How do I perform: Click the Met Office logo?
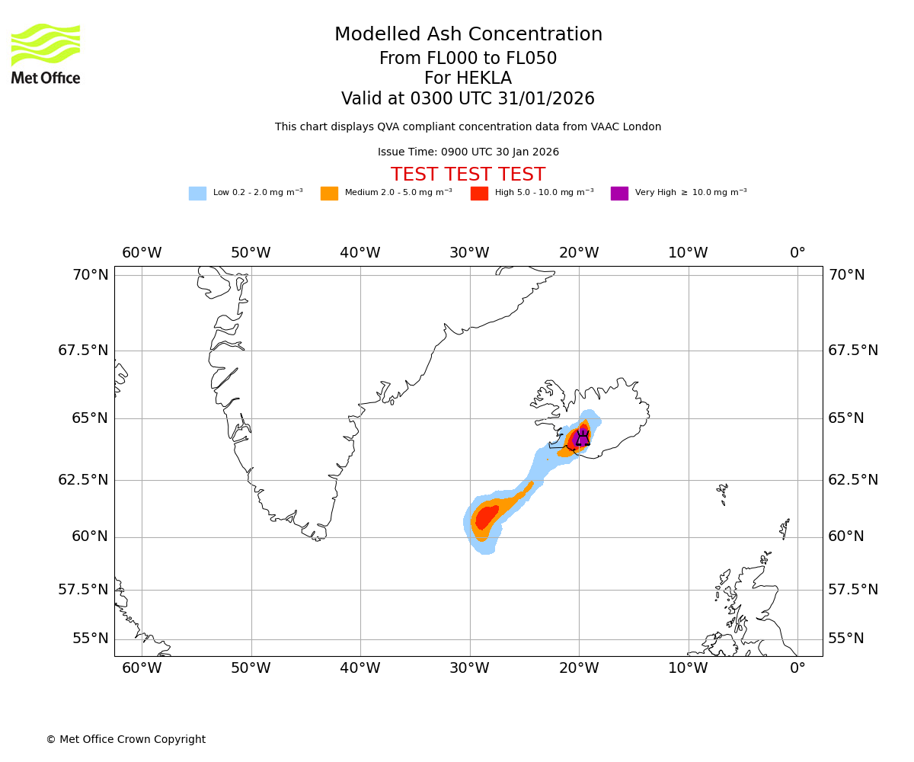(x=46, y=53)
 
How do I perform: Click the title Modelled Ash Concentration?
(x=468, y=35)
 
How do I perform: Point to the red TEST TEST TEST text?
(x=468, y=174)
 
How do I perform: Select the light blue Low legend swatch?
(x=197, y=194)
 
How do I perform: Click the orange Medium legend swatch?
(x=329, y=194)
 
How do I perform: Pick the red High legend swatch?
(x=479, y=194)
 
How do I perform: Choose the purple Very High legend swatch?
(x=619, y=194)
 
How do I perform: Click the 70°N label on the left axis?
(x=91, y=275)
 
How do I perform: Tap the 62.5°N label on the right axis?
(x=852, y=480)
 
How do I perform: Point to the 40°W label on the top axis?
(x=360, y=253)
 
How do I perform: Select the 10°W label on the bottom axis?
(x=688, y=668)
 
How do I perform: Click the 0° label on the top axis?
(x=797, y=253)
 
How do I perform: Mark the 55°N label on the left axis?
(x=91, y=639)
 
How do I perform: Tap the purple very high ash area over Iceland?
(x=582, y=436)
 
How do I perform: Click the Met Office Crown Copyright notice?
(x=126, y=739)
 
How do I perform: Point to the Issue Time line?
(x=468, y=152)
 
